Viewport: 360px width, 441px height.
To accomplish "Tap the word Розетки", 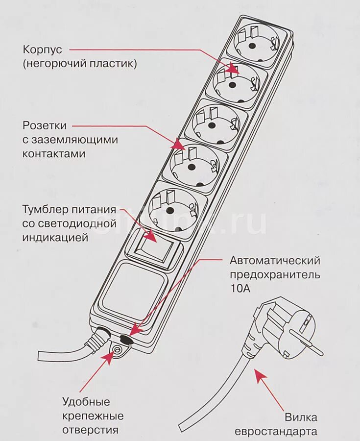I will click(x=44, y=126).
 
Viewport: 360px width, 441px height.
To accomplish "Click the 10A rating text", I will click(x=240, y=289).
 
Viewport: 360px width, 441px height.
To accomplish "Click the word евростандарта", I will click(x=275, y=432).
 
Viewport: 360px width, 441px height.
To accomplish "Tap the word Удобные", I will click(x=86, y=402).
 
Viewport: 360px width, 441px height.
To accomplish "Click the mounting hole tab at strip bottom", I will click(x=118, y=351).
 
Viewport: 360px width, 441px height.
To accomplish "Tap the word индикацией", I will click(x=55, y=238).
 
